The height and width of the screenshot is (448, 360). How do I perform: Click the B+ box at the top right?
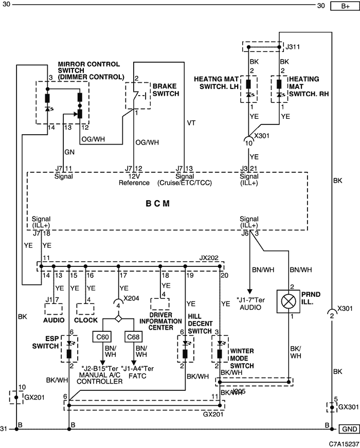345,6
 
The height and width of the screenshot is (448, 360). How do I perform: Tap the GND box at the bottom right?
349,429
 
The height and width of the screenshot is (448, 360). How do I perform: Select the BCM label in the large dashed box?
158,204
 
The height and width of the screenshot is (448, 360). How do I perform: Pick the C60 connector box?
102,337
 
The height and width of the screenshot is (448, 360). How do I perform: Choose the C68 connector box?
133,337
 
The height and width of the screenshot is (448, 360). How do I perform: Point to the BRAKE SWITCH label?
166,89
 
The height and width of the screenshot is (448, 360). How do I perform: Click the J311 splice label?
293,47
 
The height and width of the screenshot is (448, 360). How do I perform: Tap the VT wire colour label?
191,123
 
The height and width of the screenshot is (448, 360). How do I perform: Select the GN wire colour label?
69,152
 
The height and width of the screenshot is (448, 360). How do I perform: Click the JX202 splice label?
209,258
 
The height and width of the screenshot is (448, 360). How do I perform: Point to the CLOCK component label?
86,320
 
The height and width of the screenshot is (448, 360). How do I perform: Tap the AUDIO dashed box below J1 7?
53,309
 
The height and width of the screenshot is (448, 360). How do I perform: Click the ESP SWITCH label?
45,342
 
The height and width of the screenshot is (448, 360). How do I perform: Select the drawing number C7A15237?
344,444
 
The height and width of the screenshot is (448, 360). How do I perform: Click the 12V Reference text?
134,180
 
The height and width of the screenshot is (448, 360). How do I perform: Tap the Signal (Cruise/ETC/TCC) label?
185,180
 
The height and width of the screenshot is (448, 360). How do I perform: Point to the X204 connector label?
132,298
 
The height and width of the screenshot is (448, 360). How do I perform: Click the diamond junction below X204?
118,318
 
